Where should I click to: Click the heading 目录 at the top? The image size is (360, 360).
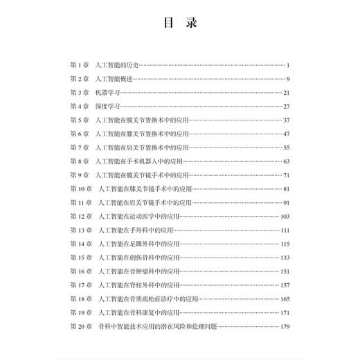[x=180, y=24]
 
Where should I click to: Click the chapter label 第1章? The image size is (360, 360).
[x=81, y=65]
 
